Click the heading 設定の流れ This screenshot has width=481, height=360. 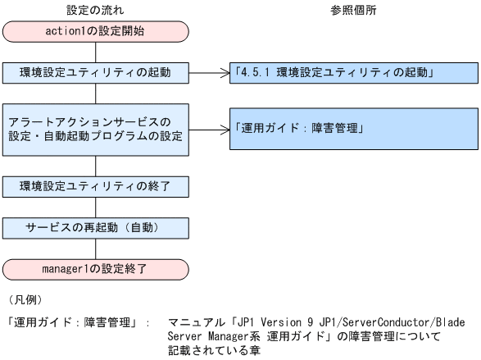pos(96,10)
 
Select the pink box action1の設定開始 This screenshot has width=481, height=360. pos(96,33)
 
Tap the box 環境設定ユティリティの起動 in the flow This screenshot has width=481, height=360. pos(96,72)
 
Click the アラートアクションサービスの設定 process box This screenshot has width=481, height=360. pos(96,130)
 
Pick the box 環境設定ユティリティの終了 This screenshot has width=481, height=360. pos(96,186)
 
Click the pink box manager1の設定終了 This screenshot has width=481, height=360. pos(96,267)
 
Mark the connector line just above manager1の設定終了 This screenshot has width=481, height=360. pos(96,247)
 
